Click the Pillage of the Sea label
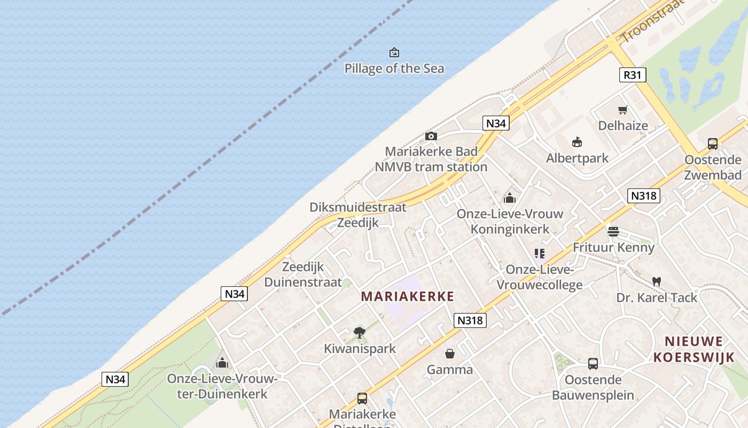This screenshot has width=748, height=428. pyautogui.click(x=394, y=68)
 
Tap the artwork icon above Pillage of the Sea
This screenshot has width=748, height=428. pyautogui.click(x=394, y=52)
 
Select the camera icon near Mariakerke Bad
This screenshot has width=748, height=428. pyautogui.click(x=431, y=136)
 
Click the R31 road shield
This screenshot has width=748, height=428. pyautogui.click(x=632, y=75)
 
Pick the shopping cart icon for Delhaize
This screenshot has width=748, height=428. pyautogui.click(x=622, y=110)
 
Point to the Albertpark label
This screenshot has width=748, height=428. pyautogui.click(x=577, y=158)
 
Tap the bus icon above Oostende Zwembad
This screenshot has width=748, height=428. pyautogui.click(x=713, y=143)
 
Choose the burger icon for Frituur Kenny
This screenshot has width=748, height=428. pyautogui.click(x=613, y=232)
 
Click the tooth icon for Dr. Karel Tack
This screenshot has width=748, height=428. pyautogui.click(x=657, y=281)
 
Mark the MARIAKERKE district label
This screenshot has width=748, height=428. pyautogui.click(x=408, y=296)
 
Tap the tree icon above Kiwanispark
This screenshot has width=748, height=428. pyautogui.click(x=360, y=332)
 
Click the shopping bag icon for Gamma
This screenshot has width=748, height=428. pyautogui.click(x=450, y=354)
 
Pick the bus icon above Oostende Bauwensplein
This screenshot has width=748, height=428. pyautogui.click(x=593, y=364)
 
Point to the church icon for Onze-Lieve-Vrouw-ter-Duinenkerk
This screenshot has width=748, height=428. pyautogui.click(x=222, y=363)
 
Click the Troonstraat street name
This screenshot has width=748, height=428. pyautogui.click(x=652, y=21)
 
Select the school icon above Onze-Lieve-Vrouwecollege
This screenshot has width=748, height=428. pyautogui.click(x=540, y=254)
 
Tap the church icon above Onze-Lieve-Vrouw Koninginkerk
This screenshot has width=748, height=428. pyautogui.click(x=510, y=198)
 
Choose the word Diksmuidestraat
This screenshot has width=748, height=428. pyautogui.click(x=358, y=207)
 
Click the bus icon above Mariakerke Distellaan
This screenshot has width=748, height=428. pyautogui.click(x=362, y=398)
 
